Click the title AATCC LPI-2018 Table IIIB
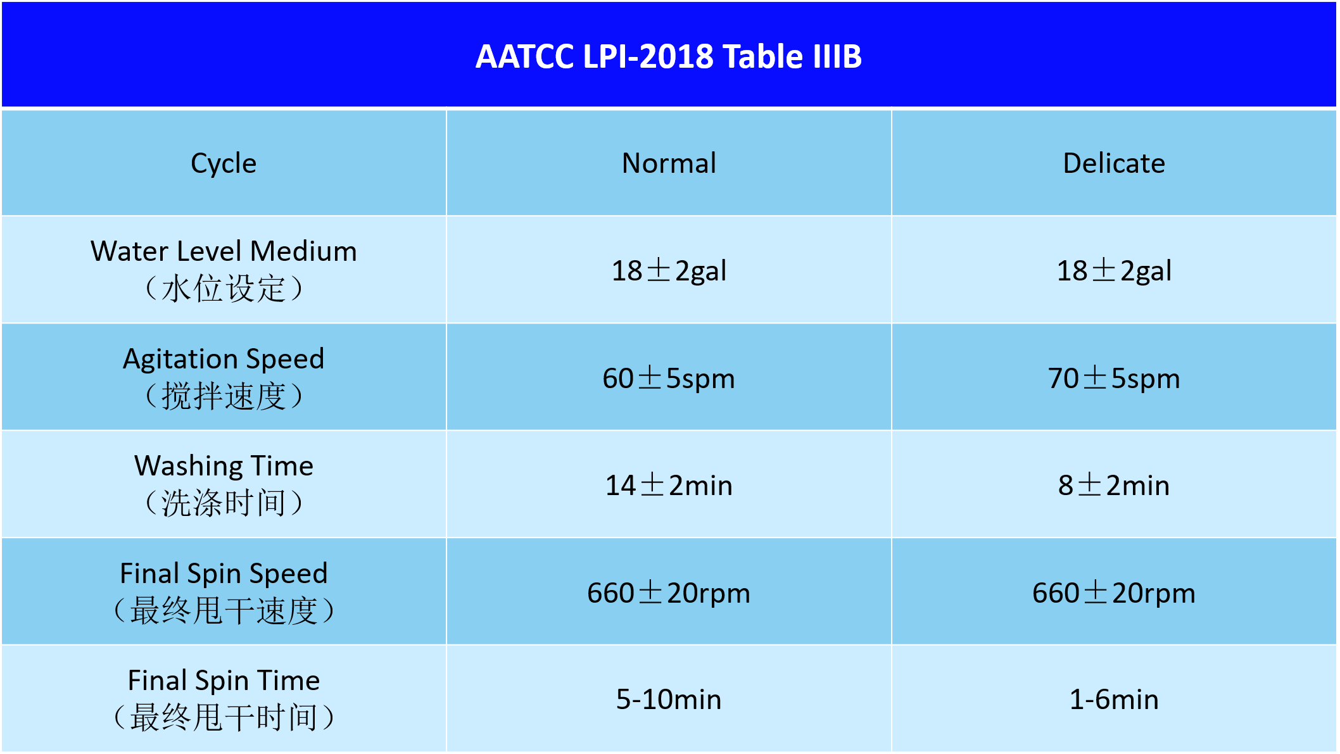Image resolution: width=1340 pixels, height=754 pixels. click(x=669, y=56)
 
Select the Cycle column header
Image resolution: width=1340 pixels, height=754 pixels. click(x=224, y=163)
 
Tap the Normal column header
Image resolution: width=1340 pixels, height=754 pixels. click(x=669, y=163)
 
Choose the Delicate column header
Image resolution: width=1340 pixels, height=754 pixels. click(x=1114, y=163)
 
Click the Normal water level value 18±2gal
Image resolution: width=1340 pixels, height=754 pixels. click(x=669, y=271)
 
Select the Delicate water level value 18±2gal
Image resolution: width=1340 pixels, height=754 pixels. click(x=1114, y=271)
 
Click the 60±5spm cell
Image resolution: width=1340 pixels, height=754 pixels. click(x=669, y=379)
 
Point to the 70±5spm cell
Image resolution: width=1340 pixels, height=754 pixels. click(x=1114, y=379)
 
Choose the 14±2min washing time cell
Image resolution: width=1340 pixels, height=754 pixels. click(x=669, y=486)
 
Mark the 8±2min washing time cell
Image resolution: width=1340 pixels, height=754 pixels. click(x=1114, y=486)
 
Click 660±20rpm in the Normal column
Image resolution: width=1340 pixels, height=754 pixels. click(x=669, y=593)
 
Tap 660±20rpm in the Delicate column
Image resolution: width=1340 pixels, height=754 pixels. click(x=1114, y=593)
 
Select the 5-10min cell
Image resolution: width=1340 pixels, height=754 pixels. click(x=669, y=700)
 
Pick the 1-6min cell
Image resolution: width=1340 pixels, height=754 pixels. click(x=1114, y=700)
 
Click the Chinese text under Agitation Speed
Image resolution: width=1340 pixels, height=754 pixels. click(x=224, y=396)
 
